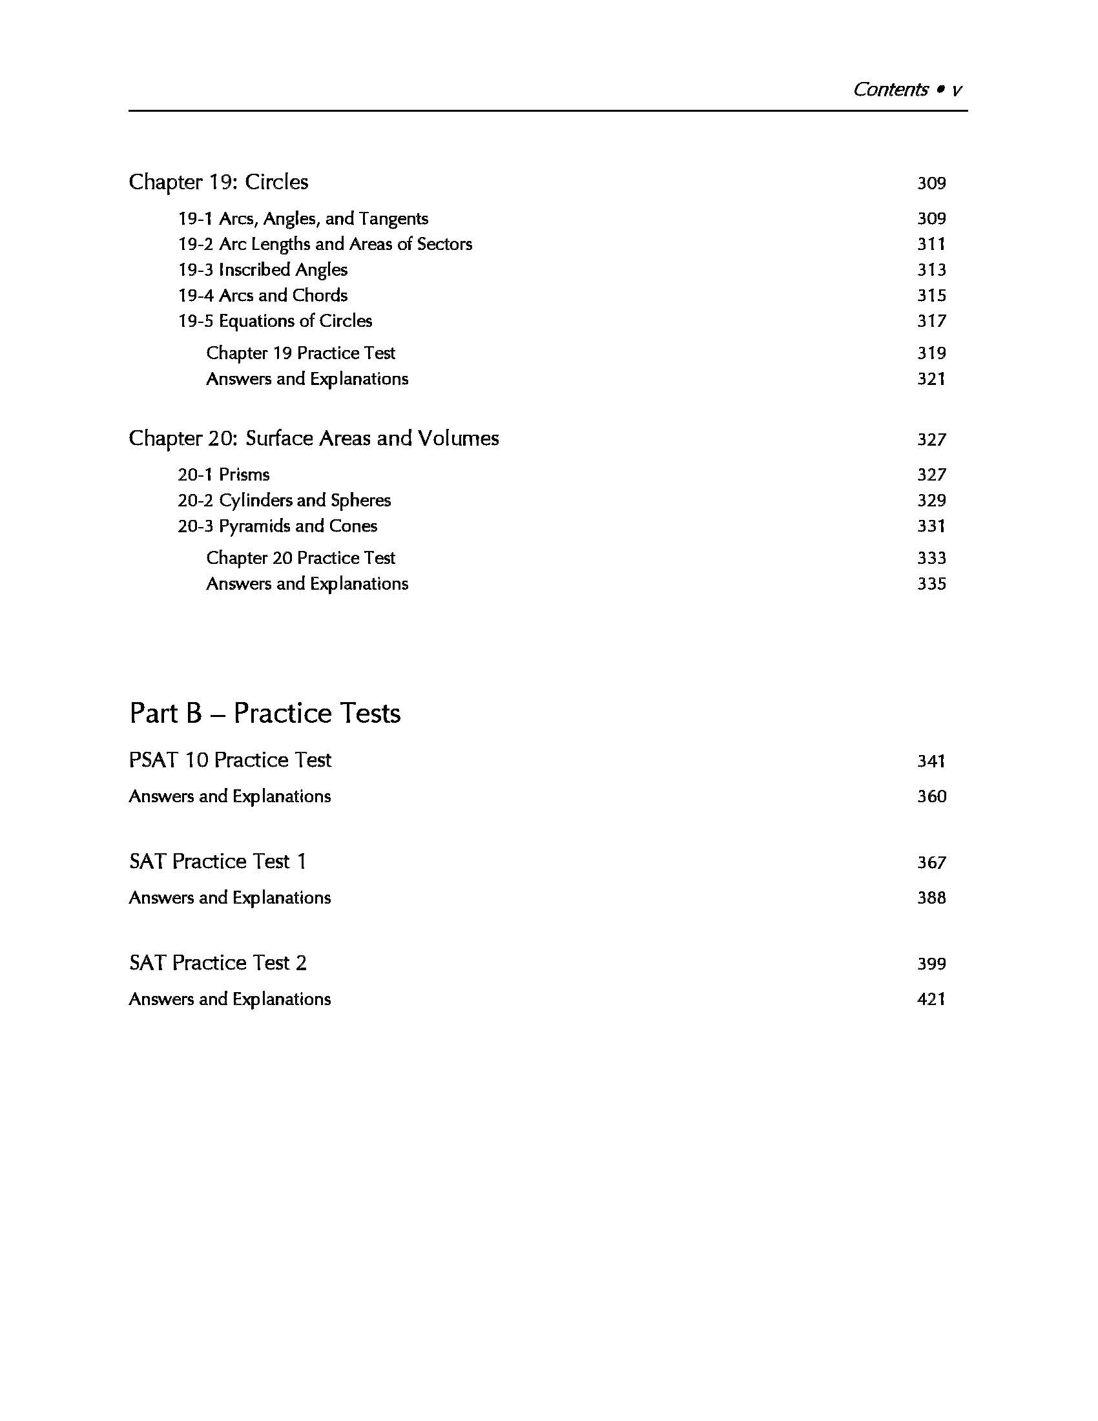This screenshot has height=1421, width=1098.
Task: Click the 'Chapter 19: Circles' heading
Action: point(218,182)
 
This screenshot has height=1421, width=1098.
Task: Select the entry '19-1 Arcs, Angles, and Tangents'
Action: point(303,218)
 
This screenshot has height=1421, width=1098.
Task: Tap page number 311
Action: point(931,245)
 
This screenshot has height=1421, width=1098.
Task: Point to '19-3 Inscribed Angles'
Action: point(263,270)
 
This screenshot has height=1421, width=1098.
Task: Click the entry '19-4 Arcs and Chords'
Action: point(263,295)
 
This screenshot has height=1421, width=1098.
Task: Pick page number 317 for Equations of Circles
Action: point(931,322)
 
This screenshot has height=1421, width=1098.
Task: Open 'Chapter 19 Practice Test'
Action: point(300,353)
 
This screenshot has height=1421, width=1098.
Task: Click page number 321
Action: point(931,379)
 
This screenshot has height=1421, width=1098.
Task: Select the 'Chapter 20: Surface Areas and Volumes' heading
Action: point(313,439)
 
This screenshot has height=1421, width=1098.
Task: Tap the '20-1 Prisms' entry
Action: point(223,475)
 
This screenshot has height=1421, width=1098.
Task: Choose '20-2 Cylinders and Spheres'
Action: point(284,501)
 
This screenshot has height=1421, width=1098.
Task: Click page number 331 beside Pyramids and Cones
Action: point(931,526)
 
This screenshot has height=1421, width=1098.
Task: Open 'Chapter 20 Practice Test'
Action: point(300,558)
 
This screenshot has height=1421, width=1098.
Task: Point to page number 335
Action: point(931,585)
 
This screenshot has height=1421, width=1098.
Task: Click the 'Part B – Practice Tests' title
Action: point(265,714)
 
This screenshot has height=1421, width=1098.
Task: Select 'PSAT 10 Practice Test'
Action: point(231,760)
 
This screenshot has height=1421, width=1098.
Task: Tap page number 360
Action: point(931,797)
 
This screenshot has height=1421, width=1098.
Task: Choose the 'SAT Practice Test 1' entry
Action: point(218,862)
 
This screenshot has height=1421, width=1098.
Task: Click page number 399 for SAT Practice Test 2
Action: point(931,964)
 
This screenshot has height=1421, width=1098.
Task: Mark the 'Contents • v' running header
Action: point(907,90)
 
